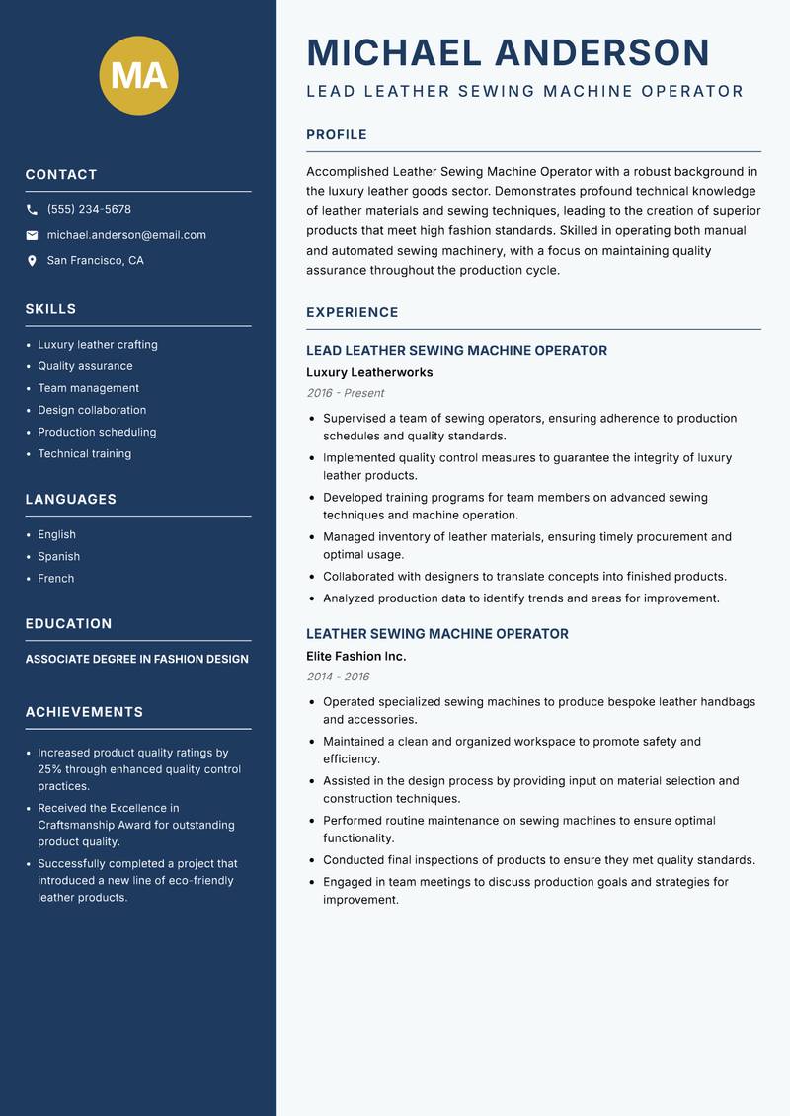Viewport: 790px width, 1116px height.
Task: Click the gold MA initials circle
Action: click(139, 75)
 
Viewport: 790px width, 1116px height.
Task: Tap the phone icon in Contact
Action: click(32, 210)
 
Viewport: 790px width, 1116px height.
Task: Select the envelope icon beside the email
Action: click(32, 235)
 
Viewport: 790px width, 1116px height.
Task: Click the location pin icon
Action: click(32, 261)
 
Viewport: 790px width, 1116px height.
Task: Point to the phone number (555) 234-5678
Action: click(89, 210)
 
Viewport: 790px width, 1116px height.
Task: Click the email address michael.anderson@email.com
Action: click(126, 235)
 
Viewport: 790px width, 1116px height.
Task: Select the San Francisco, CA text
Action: click(95, 261)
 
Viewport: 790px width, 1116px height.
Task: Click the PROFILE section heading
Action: click(337, 135)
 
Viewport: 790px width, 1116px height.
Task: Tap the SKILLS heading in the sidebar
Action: click(50, 309)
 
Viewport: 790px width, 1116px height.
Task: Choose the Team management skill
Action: click(88, 388)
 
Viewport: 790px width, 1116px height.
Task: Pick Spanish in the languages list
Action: click(58, 557)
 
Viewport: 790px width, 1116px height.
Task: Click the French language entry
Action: click(55, 579)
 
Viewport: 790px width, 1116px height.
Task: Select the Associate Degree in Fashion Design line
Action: click(137, 659)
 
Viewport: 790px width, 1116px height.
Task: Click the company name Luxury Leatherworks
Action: click(369, 373)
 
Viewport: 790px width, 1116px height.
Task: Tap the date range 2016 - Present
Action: click(345, 393)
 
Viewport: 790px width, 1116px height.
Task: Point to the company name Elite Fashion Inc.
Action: click(355, 657)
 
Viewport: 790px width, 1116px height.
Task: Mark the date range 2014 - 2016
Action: click(338, 677)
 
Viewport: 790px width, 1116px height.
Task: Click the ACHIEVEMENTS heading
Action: click(84, 712)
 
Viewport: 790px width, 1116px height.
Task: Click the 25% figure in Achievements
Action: click(50, 769)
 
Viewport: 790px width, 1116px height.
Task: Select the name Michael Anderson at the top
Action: click(509, 52)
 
